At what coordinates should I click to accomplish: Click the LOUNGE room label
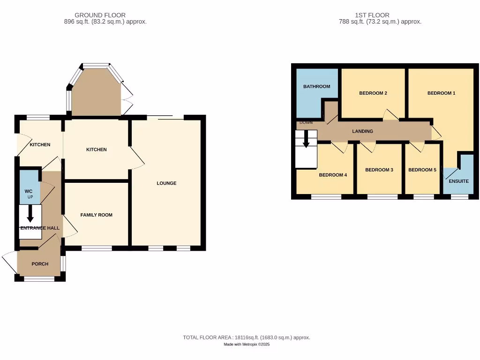click(166, 183)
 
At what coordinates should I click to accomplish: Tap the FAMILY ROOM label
click(97, 215)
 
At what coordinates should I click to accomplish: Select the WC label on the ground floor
click(29, 191)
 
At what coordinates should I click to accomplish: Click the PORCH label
click(40, 264)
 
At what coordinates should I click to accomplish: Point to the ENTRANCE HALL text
click(40, 228)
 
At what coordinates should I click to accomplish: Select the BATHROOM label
click(316, 87)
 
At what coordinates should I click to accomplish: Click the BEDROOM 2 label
click(373, 93)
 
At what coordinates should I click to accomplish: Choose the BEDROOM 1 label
click(441, 93)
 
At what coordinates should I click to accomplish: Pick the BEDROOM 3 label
click(379, 170)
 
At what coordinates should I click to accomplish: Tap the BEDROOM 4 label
click(333, 175)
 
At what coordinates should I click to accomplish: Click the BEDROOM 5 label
click(422, 170)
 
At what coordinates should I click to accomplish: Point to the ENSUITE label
click(458, 181)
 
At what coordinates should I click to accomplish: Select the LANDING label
click(362, 131)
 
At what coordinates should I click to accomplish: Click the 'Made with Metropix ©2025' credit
click(247, 345)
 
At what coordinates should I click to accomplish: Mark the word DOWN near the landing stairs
click(306, 123)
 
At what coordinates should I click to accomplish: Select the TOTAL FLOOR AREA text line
click(247, 337)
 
